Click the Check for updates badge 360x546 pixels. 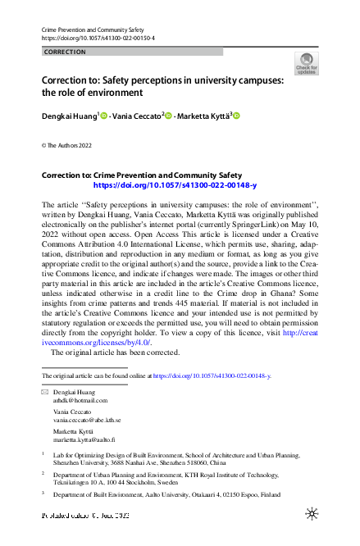305,64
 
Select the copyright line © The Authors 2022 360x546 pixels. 68,145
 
